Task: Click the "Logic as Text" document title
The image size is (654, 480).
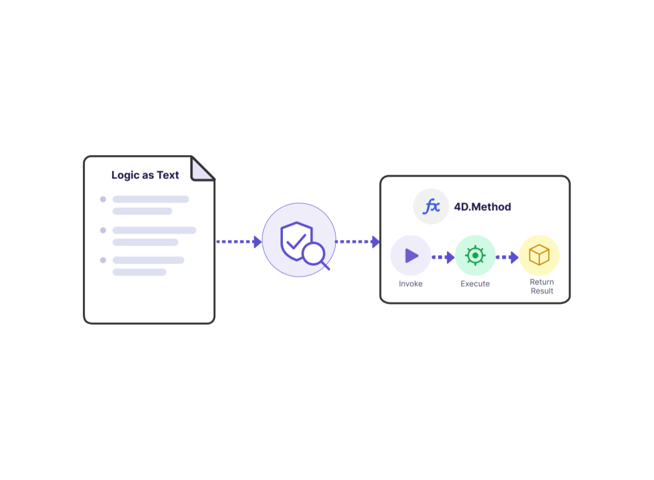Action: tap(146, 175)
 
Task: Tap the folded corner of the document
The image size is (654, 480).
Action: tap(202, 170)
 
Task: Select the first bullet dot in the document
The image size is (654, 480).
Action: tap(103, 199)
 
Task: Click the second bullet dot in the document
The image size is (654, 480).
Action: tap(103, 231)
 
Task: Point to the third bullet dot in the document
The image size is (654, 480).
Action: tap(103, 260)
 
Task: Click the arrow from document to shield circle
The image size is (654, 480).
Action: tap(239, 242)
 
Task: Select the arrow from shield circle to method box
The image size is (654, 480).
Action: tap(358, 242)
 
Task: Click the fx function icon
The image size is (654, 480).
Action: tap(432, 207)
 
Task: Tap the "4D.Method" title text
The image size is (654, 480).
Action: tap(483, 207)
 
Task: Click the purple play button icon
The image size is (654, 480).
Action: tap(412, 256)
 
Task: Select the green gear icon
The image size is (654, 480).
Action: tap(476, 256)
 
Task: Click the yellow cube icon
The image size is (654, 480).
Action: tap(540, 256)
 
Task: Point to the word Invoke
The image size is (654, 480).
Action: tap(411, 284)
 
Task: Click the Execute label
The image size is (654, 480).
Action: tap(476, 284)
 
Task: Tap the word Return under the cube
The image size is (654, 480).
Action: tap(542, 282)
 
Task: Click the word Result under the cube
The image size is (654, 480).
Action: tap(542, 291)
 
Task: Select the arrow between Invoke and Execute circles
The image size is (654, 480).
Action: tap(444, 258)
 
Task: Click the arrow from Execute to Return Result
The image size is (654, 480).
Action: tap(508, 258)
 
